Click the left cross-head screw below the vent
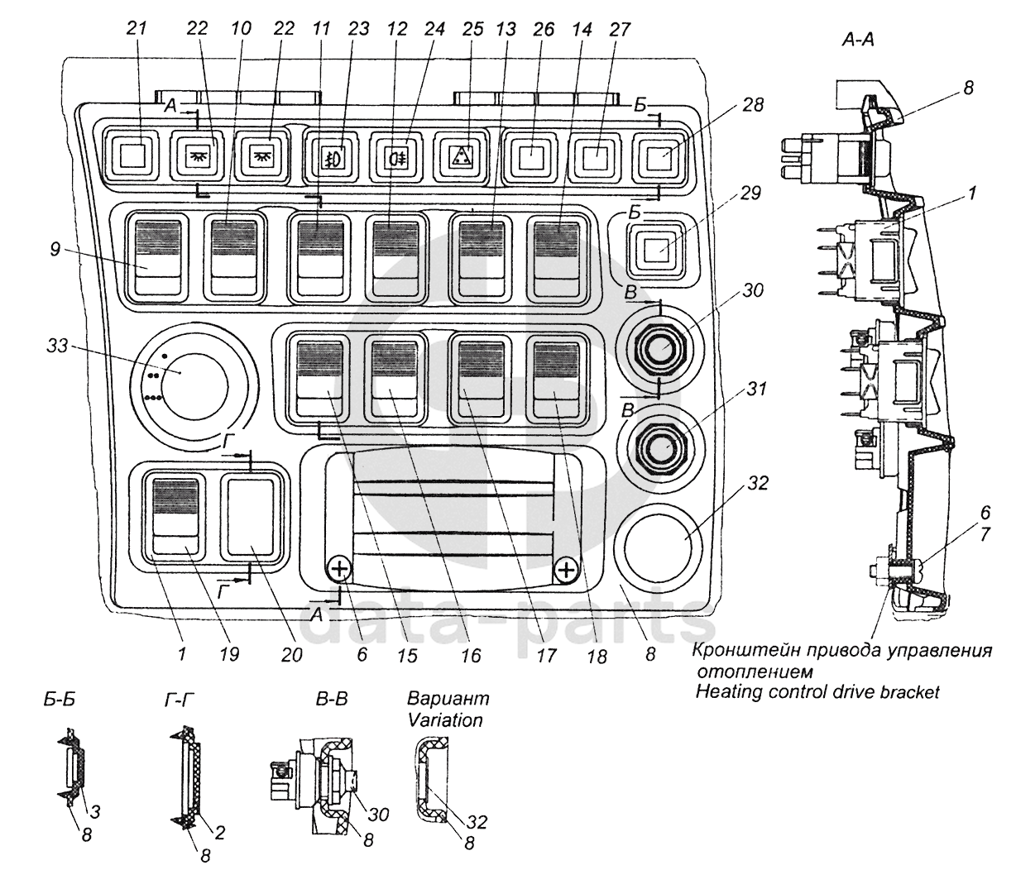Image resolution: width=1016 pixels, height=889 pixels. click(340, 569)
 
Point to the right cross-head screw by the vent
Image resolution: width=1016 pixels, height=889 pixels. click(565, 569)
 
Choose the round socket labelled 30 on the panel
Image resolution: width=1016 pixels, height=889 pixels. click(660, 349)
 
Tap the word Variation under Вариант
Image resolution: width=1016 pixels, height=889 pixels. click(444, 719)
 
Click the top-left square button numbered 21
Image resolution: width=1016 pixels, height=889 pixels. click(134, 154)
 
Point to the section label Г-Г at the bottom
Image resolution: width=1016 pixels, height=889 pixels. click(180, 700)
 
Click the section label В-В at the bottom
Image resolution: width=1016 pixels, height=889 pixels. click(331, 700)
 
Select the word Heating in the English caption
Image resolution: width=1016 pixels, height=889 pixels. click(725, 691)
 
